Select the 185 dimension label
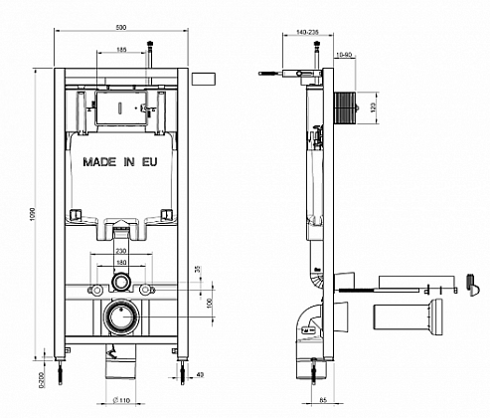[120, 49]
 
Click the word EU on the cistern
[149, 159]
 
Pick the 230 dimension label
[121, 252]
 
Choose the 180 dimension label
[121, 264]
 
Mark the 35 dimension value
[198, 269]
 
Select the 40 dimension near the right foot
[201, 374]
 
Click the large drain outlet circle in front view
[121, 317]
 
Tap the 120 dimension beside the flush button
[374, 105]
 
